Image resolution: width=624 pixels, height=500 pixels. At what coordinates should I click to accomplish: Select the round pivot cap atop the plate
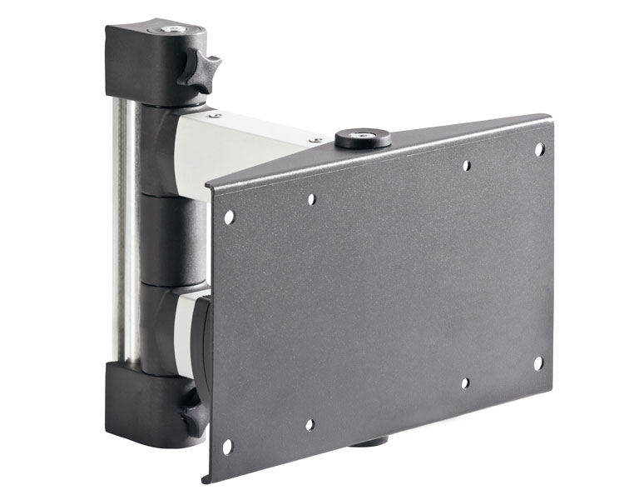click(x=363, y=138)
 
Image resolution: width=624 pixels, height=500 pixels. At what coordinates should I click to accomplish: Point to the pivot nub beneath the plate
click(x=367, y=440)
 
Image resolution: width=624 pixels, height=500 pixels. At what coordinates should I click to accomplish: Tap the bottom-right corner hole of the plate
click(x=537, y=363)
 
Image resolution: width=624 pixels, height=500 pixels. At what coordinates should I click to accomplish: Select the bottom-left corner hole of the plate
click(x=227, y=447)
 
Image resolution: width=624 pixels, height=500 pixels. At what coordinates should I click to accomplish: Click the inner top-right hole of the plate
click(x=467, y=166)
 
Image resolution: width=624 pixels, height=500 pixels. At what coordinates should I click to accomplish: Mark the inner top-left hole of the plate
click(x=311, y=200)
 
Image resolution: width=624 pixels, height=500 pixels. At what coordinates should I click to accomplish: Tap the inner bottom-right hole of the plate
click(x=465, y=382)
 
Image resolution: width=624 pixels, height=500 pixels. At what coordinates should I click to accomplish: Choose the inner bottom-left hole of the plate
click(x=310, y=425)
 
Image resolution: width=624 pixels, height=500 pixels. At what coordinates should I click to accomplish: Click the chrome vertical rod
click(x=125, y=233)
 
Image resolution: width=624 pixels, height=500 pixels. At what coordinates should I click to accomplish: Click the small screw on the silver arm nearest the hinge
click(x=215, y=115)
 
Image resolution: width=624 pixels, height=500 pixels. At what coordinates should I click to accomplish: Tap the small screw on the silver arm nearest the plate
click(x=316, y=140)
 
